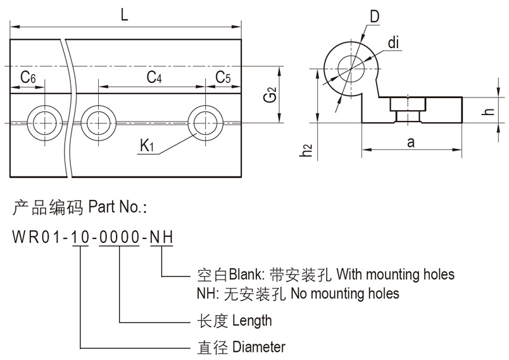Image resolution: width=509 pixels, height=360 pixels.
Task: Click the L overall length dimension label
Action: [125, 15]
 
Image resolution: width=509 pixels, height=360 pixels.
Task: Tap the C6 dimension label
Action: [27, 77]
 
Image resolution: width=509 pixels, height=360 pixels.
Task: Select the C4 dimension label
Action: [154, 77]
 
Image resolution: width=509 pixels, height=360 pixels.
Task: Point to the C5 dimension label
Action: [223, 77]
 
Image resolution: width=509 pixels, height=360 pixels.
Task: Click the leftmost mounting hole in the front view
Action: [46, 120]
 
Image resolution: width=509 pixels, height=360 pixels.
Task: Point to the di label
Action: [393, 43]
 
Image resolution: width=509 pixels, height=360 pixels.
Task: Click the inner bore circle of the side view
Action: [349, 65]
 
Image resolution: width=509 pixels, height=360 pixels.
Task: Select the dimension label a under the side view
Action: [411, 143]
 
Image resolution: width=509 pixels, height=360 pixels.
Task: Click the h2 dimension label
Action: [308, 149]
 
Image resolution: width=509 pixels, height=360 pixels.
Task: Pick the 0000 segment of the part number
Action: [120, 237]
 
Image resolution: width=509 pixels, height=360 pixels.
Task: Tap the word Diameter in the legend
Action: [259, 347]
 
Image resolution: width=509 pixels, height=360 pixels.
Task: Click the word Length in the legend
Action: [252, 320]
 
